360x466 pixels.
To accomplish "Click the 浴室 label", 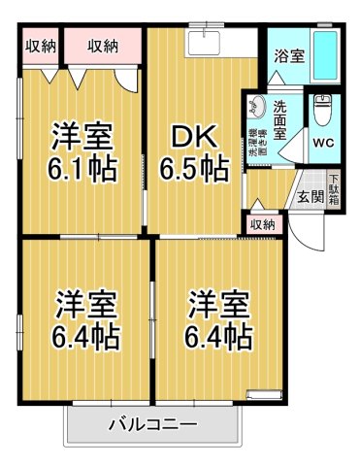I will point(289,55).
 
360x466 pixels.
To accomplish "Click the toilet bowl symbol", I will point(321,113).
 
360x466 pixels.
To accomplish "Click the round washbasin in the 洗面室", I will point(259,106).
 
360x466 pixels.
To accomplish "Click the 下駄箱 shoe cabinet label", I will point(335,190).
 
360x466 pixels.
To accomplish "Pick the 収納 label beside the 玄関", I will point(263,224).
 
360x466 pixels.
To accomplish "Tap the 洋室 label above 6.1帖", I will point(83,135).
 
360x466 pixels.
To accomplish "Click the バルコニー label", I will point(152,424).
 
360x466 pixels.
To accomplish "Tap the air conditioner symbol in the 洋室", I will point(262,393).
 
